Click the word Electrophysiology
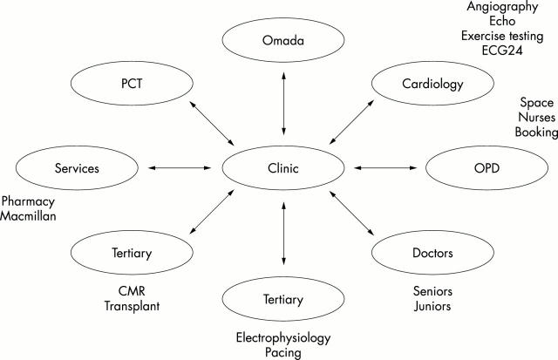(284, 337)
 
